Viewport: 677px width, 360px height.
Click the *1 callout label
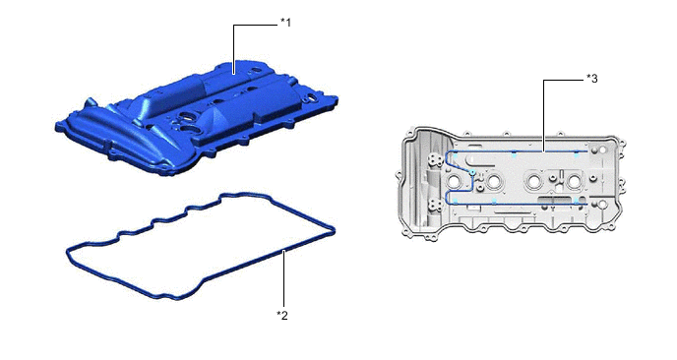click(x=285, y=23)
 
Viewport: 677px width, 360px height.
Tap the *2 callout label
click(x=282, y=316)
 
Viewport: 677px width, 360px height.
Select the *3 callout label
click(x=592, y=79)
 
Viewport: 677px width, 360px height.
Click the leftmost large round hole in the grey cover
click(x=455, y=181)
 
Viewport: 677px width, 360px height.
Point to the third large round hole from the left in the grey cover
click(x=533, y=182)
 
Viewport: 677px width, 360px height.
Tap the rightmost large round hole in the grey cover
click(x=574, y=183)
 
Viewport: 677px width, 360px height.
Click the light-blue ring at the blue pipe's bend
click(x=473, y=172)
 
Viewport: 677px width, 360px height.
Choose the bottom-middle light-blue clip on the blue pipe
click(x=494, y=202)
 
